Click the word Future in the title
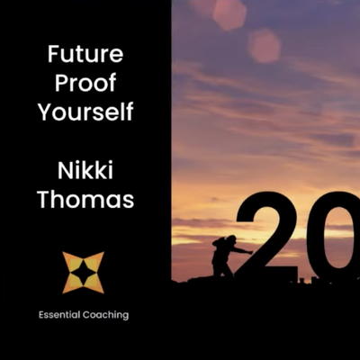click(85, 54)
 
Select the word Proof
click(85, 82)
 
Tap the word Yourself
click(85, 111)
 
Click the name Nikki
click(85, 170)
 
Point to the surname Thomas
click(85, 199)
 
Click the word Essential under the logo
click(59, 315)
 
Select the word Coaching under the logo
click(105, 316)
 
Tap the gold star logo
click(84, 273)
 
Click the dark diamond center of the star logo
click(84, 273)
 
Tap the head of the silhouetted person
click(231, 239)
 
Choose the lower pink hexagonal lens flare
click(264, 46)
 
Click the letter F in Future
click(54, 54)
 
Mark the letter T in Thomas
click(44, 199)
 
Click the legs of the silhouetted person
click(221, 268)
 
